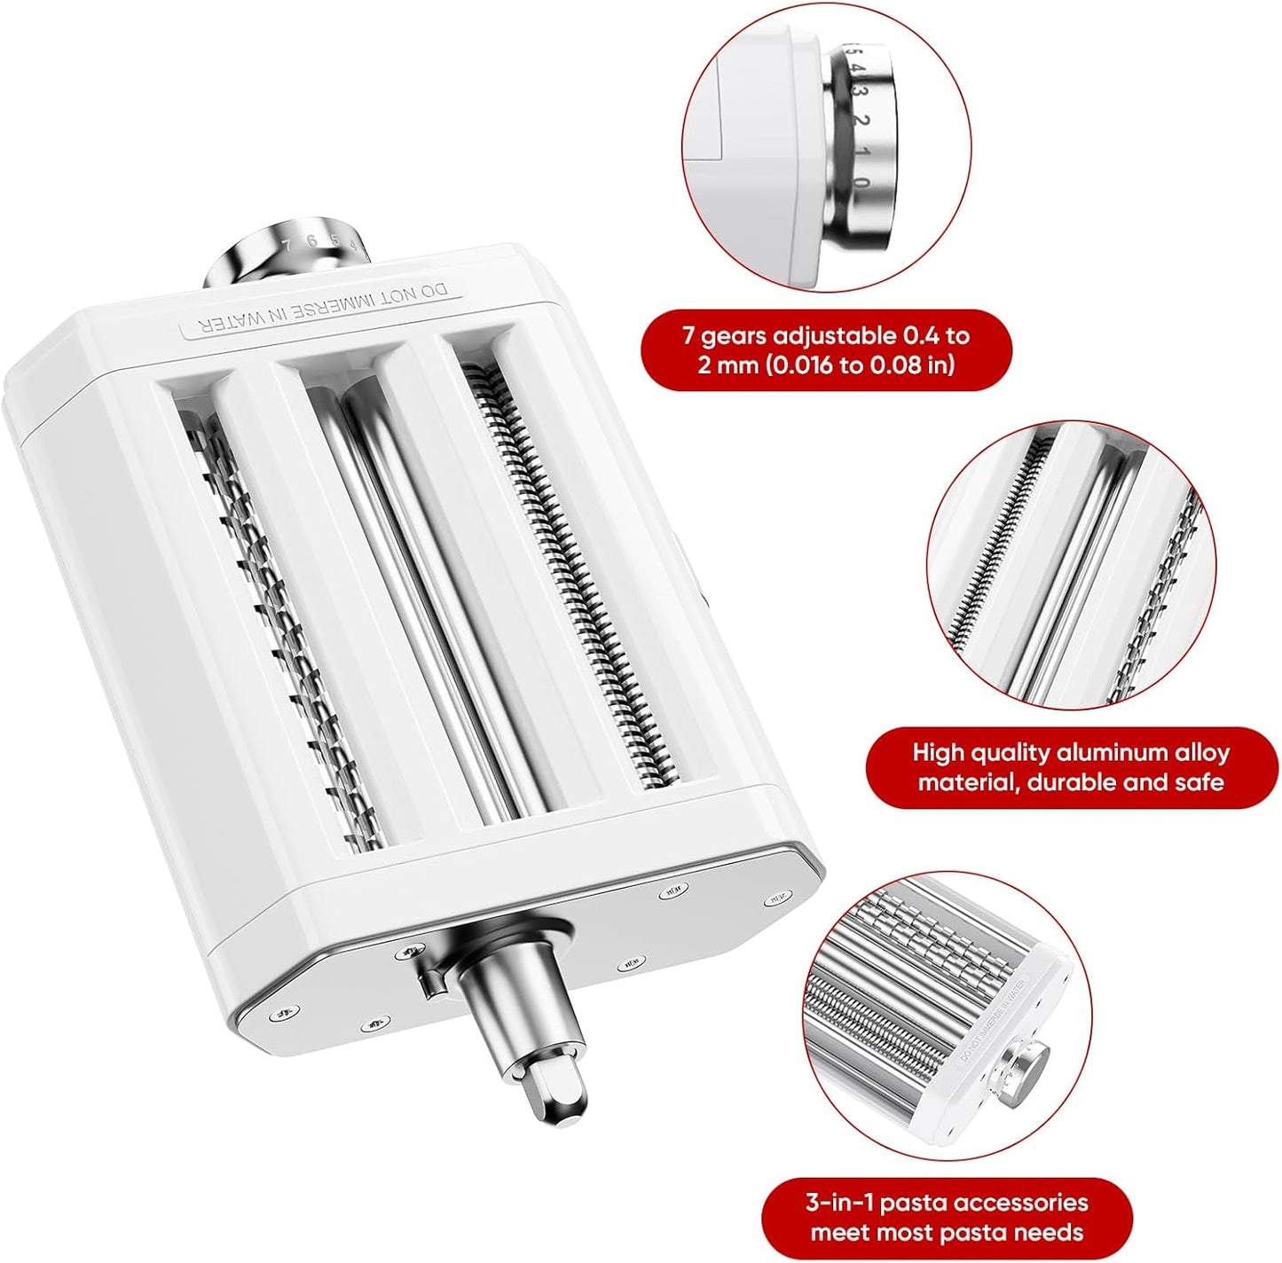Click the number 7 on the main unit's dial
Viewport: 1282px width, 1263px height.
coord(286,243)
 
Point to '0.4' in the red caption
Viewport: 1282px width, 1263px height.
coord(923,336)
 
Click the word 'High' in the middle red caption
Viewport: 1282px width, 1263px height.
coord(938,753)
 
